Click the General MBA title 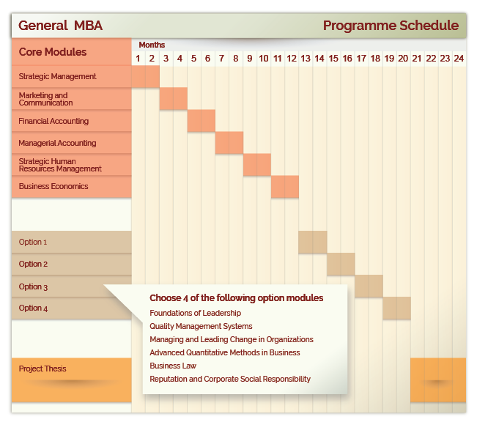(x=60, y=26)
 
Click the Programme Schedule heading (x=391, y=26)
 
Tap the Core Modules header (x=53, y=52)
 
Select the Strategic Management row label (x=57, y=76)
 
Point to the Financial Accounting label (x=53, y=121)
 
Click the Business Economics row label (x=53, y=186)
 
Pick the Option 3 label (x=33, y=286)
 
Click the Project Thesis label (x=42, y=369)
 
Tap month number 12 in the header (x=292, y=59)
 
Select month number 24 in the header (x=459, y=59)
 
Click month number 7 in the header (x=222, y=59)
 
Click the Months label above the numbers (x=152, y=45)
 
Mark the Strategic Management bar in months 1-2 (x=145, y=77)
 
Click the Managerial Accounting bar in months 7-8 (x=229, y=143)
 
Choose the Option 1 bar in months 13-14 (x=313, y=242)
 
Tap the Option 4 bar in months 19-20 (x=396, y=308)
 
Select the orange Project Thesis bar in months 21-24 (x=438, y=380)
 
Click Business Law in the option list (x=173, y=366)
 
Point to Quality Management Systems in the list (x=201, y=326)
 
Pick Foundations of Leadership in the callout (x=196, y=313)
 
